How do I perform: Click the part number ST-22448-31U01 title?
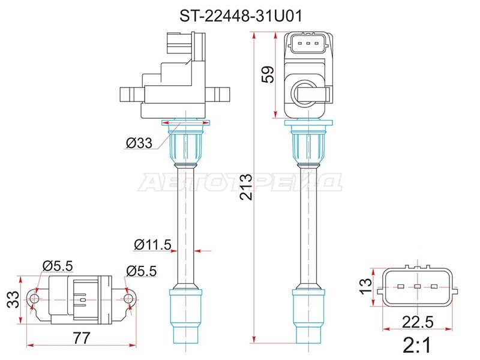(x=240, y=16)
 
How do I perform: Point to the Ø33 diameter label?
(x=139, y=142)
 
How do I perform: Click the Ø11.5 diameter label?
(x=153, y=244)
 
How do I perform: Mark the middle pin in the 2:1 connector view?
(x=416, y=287)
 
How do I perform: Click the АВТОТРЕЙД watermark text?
(x=240, y=182)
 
